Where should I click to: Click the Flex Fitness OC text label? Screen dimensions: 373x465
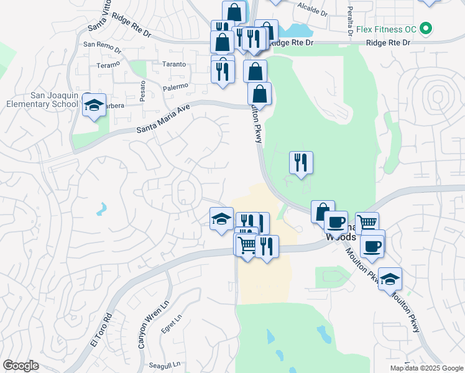386,29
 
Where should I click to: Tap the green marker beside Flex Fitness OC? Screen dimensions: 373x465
426,29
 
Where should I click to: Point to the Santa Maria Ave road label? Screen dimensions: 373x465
162,119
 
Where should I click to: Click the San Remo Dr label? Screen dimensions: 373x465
99,45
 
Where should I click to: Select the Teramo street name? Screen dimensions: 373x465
104,65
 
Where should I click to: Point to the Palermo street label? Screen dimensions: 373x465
176,88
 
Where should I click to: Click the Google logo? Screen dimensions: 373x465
21,366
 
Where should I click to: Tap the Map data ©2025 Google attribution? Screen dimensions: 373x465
426,368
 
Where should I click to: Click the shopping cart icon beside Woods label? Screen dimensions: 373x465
367,223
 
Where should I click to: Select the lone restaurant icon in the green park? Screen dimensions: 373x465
301,163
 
